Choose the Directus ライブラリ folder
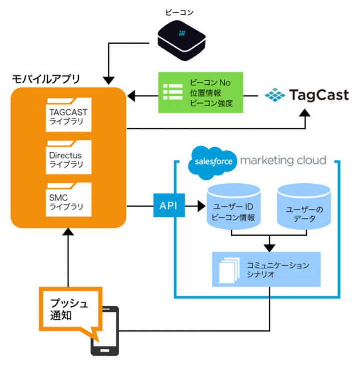point(68,158)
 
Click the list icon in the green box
point(173,93)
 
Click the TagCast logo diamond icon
point(274,94)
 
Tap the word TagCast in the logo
point(319,94)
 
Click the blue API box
point(168,205)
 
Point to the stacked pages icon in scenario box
point(229,269)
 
